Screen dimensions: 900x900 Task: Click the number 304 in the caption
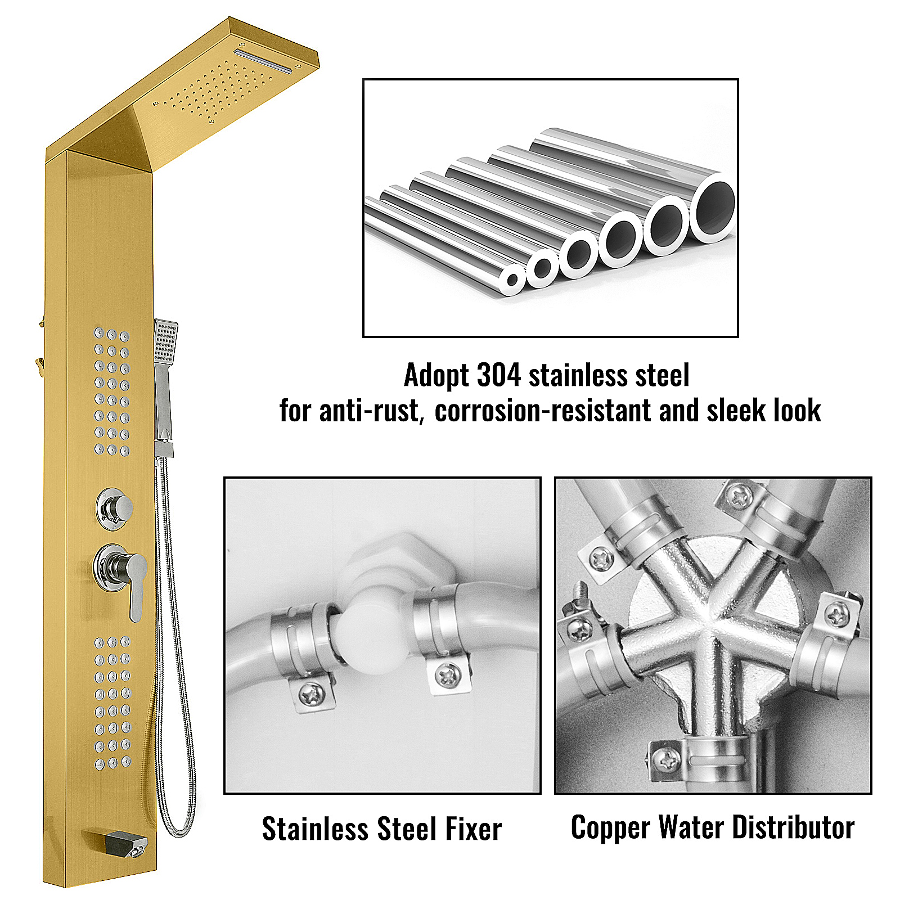[498, 375]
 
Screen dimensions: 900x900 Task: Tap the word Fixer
[472, 829]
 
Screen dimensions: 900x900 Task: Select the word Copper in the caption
[610, 829]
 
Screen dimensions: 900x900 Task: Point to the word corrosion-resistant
[543, 411]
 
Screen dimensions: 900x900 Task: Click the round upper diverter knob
[115, 508]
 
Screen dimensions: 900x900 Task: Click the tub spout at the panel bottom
[126, 844]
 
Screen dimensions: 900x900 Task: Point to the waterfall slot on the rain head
[264, 61]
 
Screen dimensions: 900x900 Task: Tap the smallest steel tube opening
[512, 280]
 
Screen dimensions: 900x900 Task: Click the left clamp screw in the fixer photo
[310, 694]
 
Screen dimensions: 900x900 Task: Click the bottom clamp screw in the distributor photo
[668, 760]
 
